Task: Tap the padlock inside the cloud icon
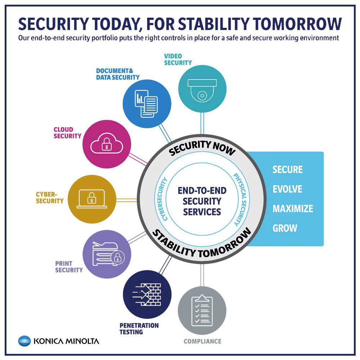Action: (106, 145)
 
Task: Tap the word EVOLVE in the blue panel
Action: (287, 189)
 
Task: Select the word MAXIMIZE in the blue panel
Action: (293, 208)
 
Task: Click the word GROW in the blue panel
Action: (285, 228)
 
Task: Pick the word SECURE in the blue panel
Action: (288, 170)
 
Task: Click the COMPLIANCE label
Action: (202, 341)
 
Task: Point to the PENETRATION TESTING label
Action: (139, 329)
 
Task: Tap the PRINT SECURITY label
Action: (69, 266)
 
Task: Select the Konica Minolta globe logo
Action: (24, 341)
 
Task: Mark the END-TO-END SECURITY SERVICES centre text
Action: (202, 201)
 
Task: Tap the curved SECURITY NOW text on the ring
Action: (202, 148)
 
